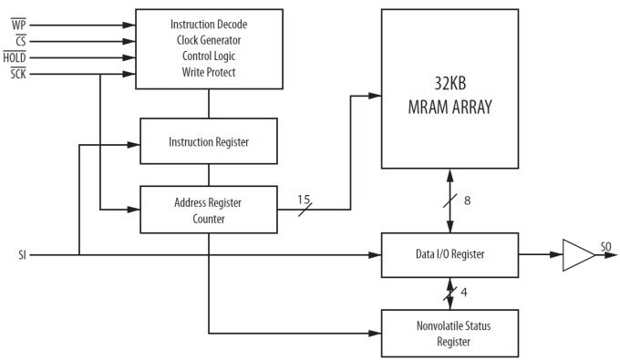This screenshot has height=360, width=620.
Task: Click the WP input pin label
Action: click(18, 26)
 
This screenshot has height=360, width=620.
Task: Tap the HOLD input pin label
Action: click(15, 57)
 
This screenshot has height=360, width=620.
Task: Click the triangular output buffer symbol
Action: click(576, 254)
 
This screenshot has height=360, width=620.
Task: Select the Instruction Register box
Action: click(208, 142)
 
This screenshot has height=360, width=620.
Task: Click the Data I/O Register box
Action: click(449, 254)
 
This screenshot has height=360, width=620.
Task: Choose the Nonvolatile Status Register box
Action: click(449, 334)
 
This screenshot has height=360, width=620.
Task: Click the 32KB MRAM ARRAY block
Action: click(449, 98)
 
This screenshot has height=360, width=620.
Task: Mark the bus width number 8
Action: click(467, 201)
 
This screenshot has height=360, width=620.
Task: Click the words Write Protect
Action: click(208, 72)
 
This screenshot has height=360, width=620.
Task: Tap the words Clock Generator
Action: click(208, 39)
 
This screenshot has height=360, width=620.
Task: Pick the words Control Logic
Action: click(208, 56)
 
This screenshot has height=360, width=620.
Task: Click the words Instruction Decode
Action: click(208, 23)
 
